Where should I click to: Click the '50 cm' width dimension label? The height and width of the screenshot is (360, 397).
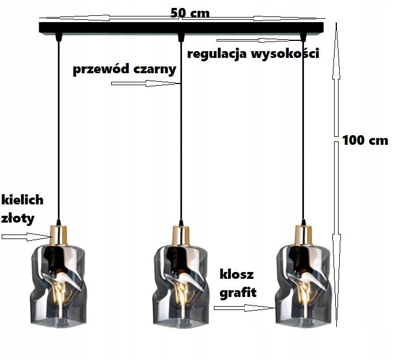(190, 12)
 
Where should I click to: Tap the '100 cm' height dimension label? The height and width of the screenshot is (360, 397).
(365, 140)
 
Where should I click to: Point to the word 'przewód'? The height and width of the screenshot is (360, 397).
(99, 69)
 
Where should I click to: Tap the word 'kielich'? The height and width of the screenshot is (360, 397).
(23, 199)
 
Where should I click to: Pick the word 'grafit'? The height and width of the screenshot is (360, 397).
(236, 292)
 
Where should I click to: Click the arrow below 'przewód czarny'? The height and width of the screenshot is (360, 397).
(145, 83)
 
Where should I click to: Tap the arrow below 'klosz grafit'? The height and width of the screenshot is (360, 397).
(244, 308)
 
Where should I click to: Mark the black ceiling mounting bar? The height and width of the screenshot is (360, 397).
(113, 27)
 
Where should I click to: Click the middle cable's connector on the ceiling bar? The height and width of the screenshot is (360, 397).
(181, 38)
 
